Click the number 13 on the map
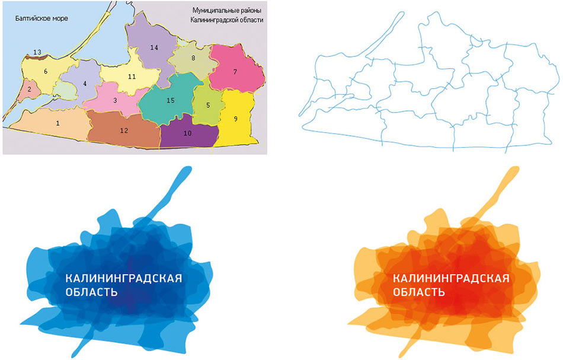click(37, 53)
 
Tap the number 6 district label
click(45, 71)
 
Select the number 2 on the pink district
click(29, 90)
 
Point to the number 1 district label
click(57, 123)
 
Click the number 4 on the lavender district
click(85, 84)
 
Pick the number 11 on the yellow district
click(132, 77)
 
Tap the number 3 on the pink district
click(114, 100)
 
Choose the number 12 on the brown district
click(124, 130)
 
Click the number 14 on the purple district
click(154, 47)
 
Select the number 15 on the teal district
click(170, 101)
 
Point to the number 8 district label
click(193, 58)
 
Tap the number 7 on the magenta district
click(235, 72)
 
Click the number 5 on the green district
click(208, 105)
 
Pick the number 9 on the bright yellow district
click(235, 119)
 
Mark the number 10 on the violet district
click(187, 133)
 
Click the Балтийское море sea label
click(42, 18)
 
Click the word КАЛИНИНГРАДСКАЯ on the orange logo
click(451, 279)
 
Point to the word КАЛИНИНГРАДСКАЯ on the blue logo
click(123, 279)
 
